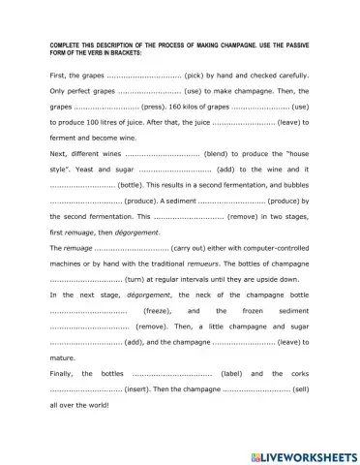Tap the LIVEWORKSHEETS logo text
click(x=304, y=455)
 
